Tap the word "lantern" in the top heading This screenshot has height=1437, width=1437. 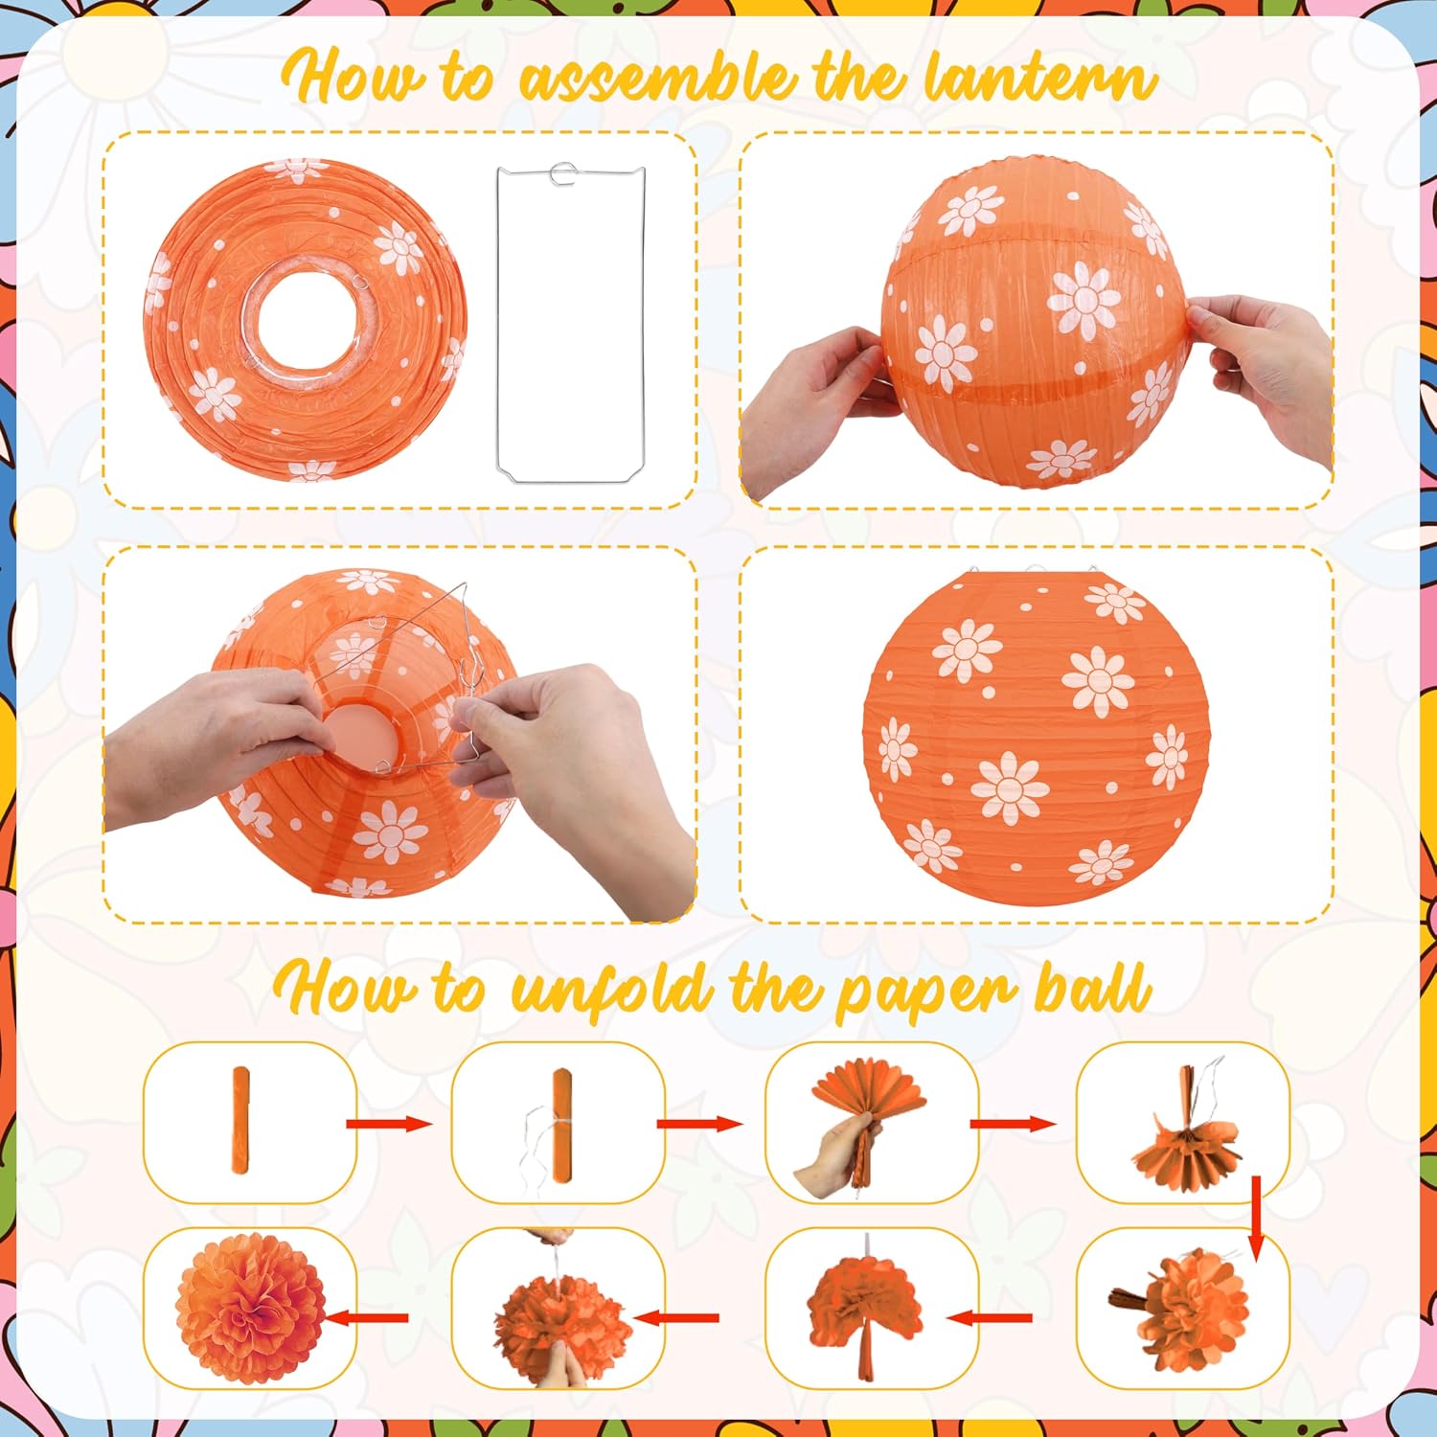1039,79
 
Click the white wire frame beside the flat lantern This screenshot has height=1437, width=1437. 498,326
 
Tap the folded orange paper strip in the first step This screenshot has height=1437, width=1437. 239,1121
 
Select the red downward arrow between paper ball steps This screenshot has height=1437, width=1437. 1256,1217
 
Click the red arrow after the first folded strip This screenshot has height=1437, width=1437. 389,1124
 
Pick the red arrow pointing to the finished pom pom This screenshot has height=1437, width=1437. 367,1318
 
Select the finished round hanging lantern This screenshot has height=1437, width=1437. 1037,736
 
